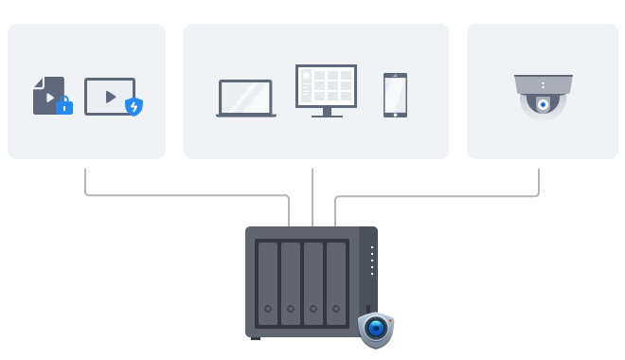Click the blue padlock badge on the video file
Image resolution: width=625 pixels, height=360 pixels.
pyautogui.click(x=64, y=106)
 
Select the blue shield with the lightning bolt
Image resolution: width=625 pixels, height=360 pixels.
pyautogui.click(x=134, y=106)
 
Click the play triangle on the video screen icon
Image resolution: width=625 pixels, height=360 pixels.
pyautogui.click(x=110, y=96)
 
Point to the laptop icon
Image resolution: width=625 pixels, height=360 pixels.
pyautogui.click(x=246, y=99)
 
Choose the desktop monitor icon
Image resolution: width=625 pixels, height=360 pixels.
pyautogui.click(x=326, y=87)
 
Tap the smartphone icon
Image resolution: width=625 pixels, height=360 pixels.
pyautogui.click(x=395, y=95)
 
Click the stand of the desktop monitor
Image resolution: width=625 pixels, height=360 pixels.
pyautogui.click(x=326, y=113)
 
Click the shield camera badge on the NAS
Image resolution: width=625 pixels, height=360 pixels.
pyautogui.click(x=376, y=330)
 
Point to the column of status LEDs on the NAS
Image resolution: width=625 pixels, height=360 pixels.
pyautogui.click(x=372, y=261)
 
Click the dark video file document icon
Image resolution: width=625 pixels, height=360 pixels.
pyautogui.click(x=47, y=96)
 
